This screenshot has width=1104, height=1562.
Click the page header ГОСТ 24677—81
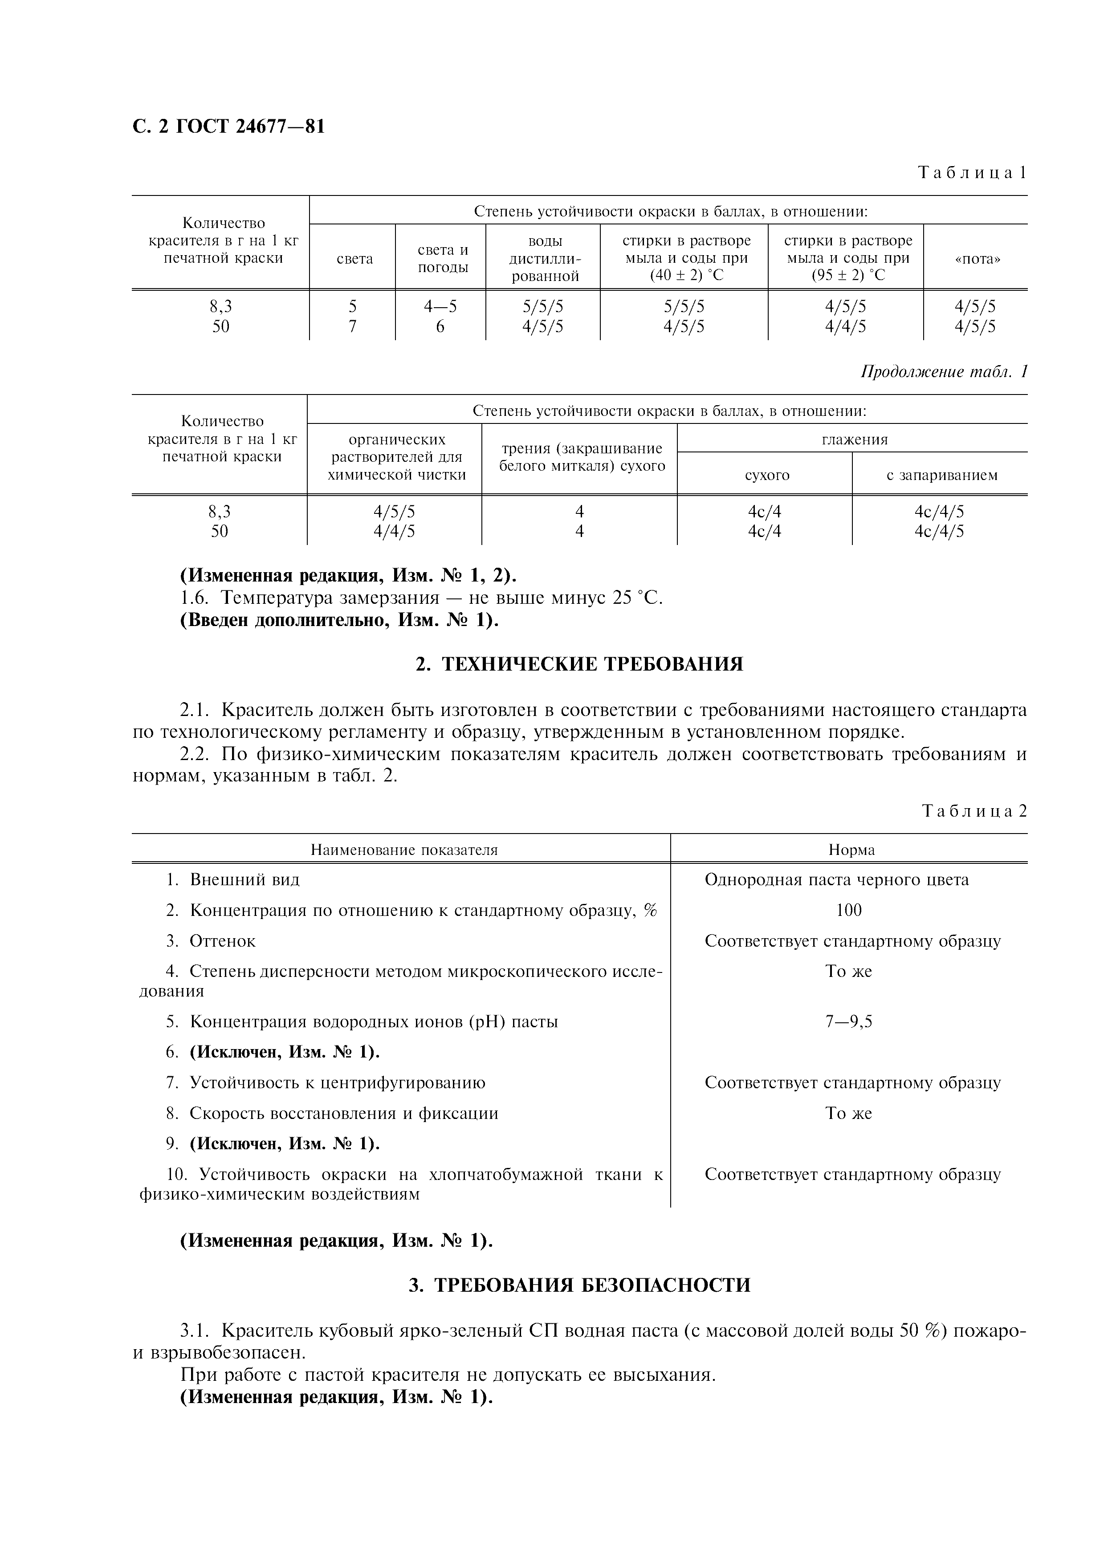228,126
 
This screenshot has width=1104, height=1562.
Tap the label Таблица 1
971,173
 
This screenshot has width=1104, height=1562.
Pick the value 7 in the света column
352,326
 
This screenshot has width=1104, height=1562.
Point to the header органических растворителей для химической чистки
396,457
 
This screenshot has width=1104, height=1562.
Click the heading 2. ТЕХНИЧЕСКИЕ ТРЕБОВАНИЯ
579,664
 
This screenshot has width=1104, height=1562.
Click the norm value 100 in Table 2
848,910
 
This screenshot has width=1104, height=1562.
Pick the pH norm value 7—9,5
848,1022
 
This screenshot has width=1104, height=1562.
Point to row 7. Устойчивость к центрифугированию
326,1082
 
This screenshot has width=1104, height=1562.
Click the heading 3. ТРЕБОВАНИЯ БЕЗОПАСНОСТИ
579,1285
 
